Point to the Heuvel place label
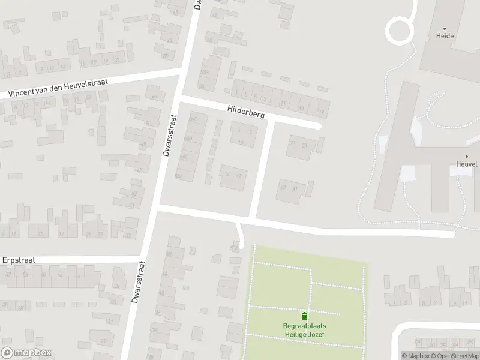[x=466, y=164]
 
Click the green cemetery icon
[x=304, y=316]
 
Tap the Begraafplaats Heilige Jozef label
[x=304, y=330]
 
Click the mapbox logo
[x=26, y=353]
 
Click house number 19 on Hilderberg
[x=322, y=112]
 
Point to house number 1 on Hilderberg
[x=237, y=93]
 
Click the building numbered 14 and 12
[x=233, y=175]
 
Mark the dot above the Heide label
[x=445, y=28]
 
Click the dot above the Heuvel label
[x=466, y=156]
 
